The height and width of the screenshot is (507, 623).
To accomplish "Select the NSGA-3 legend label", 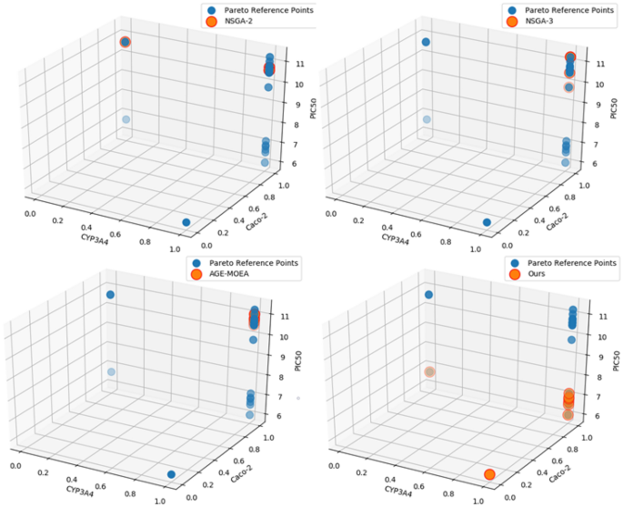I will (x=550, y=23).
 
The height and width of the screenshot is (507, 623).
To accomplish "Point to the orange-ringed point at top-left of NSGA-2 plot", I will (x=125, y=42).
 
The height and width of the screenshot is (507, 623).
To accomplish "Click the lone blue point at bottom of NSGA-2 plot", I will (x=186, y=222).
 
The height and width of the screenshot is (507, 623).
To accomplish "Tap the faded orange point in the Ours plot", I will (x=429, y=371).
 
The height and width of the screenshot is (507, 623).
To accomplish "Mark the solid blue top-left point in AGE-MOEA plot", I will (x=110, y=294).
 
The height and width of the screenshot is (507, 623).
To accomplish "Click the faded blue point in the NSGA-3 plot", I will (x=426, y=119).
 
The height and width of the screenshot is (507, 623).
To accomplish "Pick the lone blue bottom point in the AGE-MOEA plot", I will (x=171, y=473).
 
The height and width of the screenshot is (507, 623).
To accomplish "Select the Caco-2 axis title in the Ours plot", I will (x=558, y=463).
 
